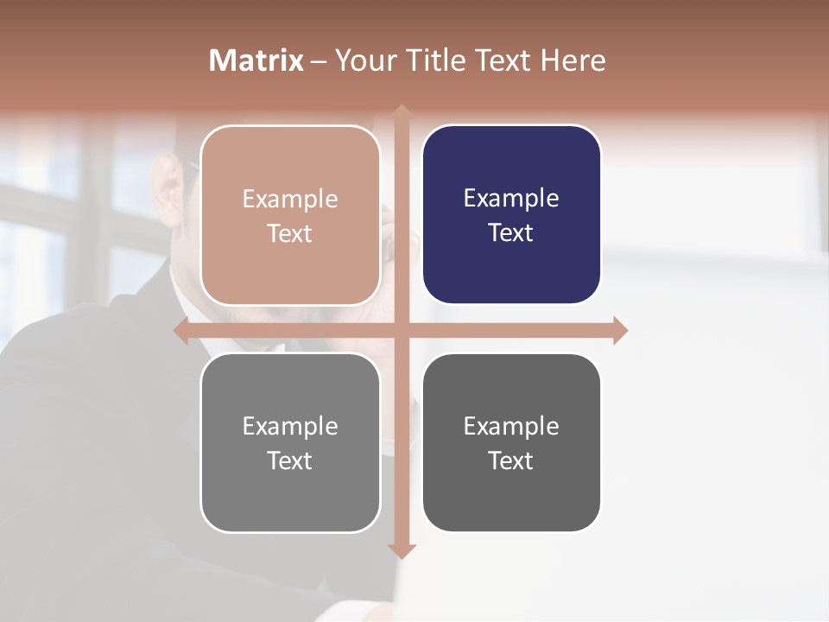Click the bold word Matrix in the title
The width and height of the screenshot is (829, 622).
(x=256, y=60)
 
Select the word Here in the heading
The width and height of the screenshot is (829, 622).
(x=573, y=60)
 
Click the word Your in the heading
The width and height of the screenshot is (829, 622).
(x=361, y=60)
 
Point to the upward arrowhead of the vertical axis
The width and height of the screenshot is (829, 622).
(x=402, y=113)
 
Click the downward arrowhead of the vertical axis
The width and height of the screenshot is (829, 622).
(x=402, y=549)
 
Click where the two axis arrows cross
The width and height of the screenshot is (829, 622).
(x=402, y=330)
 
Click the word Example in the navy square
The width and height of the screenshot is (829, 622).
(x=511, y=198)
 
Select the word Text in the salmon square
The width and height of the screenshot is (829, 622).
(x=290, y=233)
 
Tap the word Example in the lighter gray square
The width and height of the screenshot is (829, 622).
(x=290, y=426)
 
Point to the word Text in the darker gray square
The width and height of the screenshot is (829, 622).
(x=511, y=460)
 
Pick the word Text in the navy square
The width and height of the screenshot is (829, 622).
(x=511, y=232)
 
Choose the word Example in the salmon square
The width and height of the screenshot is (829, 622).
(x=290, y=199)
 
